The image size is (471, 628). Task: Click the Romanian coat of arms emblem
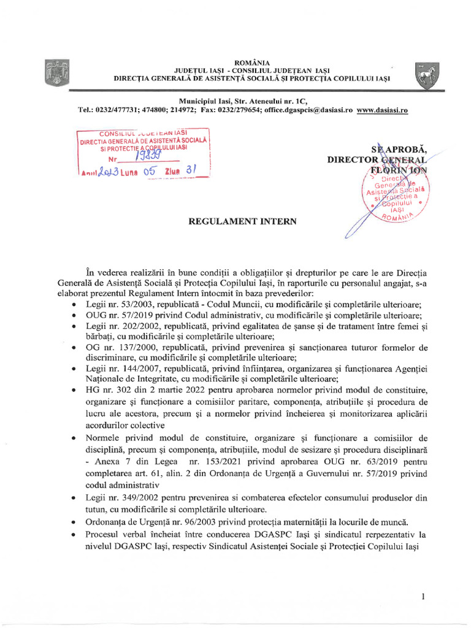coord(57,73)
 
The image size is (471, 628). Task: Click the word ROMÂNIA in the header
coord(252,62)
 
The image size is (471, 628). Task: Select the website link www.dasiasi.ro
coord(382,110)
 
